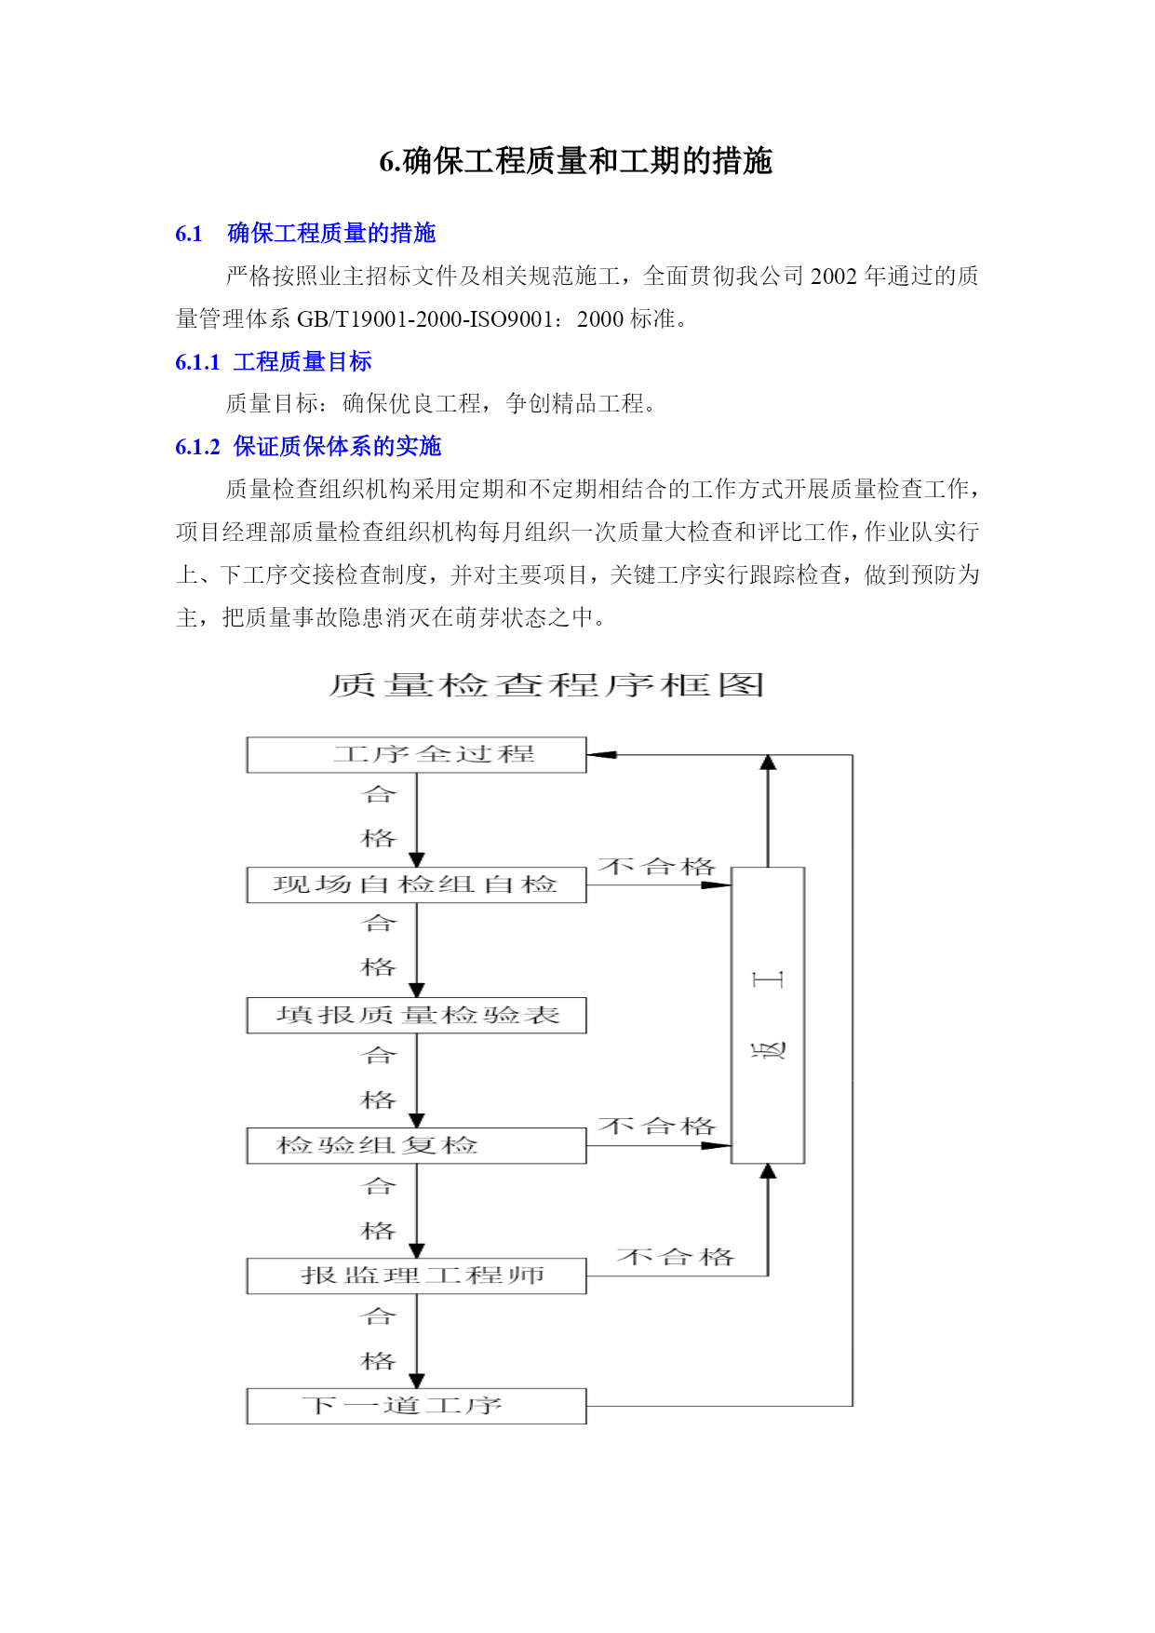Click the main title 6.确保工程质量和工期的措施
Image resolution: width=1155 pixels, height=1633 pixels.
click(576, 161)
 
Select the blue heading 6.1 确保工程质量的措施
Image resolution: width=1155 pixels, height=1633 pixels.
click(305, 233)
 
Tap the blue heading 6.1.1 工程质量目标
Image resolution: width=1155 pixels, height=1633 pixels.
click(274, 361)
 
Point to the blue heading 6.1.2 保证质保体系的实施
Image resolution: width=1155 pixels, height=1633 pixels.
click(308, 447)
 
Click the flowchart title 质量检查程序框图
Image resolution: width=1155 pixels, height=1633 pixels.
click(547, 685)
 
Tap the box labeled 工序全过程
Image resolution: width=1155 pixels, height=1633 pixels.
click(416, 755)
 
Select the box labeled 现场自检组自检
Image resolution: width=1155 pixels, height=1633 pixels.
click(416, 884)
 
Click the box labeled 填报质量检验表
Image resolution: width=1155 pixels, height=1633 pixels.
click(416, 1015)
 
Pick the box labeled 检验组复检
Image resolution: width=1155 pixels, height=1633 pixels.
click(416, 1145)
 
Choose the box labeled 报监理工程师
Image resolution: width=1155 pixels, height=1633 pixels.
click(416, 1275)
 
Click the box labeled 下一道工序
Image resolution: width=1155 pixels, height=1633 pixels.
click(416, 1406)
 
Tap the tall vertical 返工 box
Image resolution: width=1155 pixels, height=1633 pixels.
click(768, 1015)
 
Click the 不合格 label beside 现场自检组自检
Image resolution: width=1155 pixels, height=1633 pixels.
click(657, 867)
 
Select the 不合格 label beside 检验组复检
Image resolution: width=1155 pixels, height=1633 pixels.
click(657, 1127)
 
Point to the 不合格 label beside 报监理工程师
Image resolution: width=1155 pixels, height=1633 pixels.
click(676, 1257)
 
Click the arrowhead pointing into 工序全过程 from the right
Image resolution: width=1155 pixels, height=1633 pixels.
click(601, 755)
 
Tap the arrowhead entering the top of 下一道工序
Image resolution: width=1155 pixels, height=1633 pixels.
click(417, 1381)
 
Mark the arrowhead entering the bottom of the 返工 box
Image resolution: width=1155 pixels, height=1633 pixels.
click(768, 1172)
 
